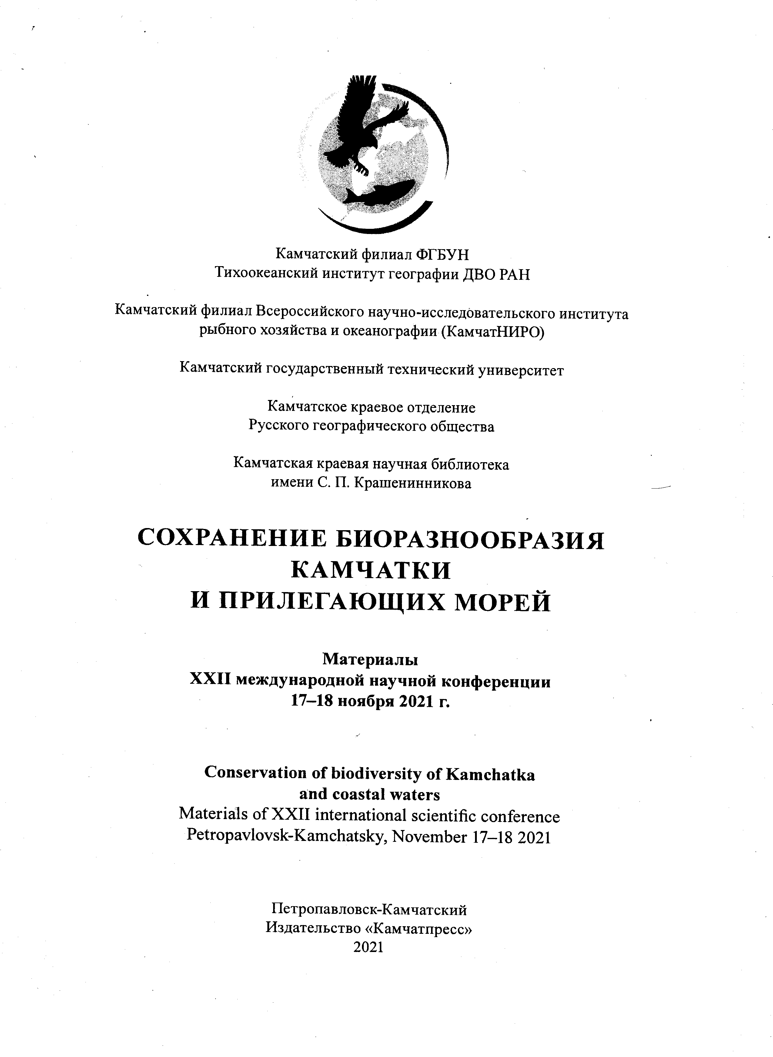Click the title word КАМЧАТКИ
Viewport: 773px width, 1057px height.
tap(371, 571)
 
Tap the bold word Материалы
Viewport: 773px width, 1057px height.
tap(370, 659)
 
